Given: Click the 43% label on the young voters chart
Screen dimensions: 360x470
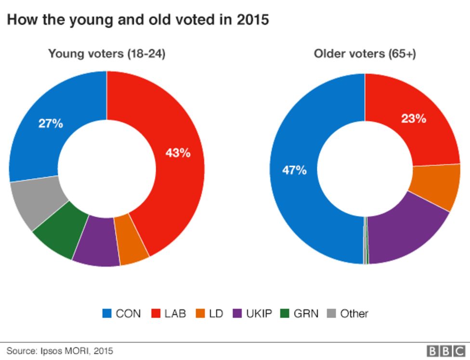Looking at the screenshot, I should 178,153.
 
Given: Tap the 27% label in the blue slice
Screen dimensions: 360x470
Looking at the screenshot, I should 51,123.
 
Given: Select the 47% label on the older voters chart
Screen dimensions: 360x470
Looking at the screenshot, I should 294,170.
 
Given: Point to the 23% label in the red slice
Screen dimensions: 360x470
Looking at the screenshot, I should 414,119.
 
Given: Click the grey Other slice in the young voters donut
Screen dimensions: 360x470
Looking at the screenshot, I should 34,203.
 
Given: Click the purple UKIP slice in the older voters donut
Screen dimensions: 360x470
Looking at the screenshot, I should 405,227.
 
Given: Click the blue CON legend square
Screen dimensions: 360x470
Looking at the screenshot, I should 107,314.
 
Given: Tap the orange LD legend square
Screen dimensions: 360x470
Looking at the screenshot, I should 200,314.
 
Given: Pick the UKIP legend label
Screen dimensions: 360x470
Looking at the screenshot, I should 259,314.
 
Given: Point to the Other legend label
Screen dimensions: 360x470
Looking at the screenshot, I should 354,314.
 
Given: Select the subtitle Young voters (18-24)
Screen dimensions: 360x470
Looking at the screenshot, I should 106,54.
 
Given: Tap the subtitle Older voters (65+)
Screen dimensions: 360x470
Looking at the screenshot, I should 365,54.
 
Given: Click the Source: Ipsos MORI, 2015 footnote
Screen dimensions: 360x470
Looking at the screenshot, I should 60,351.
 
